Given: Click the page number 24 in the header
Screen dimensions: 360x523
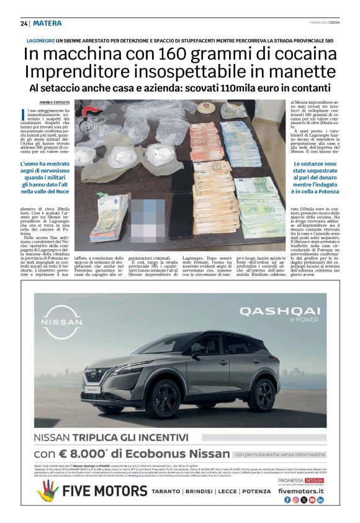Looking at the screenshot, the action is click(x=24, y=24).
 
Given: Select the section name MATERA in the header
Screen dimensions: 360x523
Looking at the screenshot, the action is click(x=48, y=24).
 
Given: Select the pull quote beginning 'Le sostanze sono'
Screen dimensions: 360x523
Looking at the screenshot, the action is click(x=312, y=180).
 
